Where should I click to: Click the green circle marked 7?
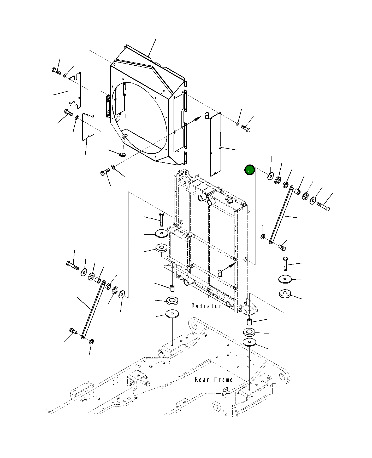249,171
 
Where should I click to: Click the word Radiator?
206,306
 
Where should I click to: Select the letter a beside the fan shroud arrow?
207,115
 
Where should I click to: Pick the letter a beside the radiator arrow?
220,273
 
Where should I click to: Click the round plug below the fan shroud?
122,155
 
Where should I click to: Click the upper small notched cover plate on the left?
75,90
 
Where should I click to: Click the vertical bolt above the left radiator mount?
161,219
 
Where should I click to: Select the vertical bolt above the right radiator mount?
285,264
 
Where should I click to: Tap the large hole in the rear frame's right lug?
282,377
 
